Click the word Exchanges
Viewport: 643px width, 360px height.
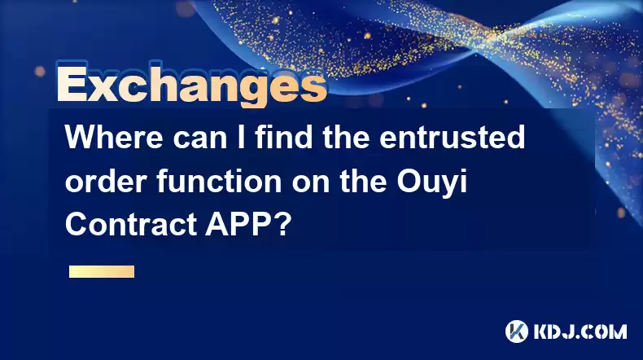tap(192, 85)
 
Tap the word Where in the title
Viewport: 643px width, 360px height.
tap(114, 137)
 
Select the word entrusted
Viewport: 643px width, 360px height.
tap(452, 137)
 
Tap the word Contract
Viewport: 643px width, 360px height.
tap(130, 225)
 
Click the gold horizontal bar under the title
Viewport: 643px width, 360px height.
tap(102, 272)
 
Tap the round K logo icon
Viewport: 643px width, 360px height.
tap(517, 331)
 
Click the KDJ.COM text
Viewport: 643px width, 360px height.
tap(580, 331)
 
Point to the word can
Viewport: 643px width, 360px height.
tap(199, 139)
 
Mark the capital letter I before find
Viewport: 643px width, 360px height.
tap(241, 138)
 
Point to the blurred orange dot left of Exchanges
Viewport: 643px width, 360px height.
tap(40, 72)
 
